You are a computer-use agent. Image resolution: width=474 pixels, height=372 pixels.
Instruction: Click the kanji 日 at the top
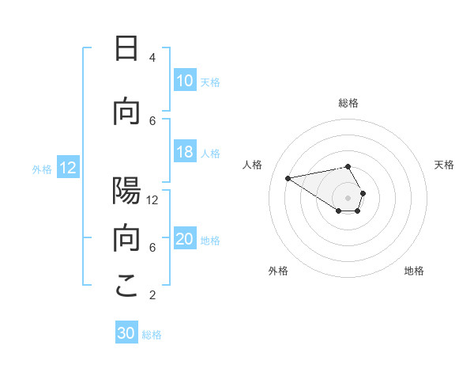pos(126,49)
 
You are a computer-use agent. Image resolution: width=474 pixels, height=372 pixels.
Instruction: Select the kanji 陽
pos(126,192)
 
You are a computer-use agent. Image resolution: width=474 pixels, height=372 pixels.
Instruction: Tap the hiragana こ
pos(126,287)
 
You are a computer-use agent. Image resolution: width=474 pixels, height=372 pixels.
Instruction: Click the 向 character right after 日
pos(126,112)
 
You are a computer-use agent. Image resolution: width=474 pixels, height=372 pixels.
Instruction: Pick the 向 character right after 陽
pos(126,239)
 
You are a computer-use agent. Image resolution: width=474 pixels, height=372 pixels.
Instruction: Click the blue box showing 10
pos(185,81)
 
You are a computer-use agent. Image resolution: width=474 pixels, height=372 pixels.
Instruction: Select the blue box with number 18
pos(185,153)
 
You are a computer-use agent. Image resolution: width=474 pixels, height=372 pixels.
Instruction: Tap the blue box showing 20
pos(185,240)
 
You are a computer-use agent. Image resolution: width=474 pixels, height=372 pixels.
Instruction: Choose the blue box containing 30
pos(126,333)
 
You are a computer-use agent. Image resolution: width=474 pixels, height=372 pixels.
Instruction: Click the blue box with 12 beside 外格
pos(68,168)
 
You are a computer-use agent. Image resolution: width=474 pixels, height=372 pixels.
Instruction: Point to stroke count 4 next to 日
pos(152,57)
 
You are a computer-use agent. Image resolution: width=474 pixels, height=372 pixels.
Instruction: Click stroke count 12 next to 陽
pos(152,199)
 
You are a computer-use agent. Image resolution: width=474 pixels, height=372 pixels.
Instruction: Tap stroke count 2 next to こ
pos(152,295)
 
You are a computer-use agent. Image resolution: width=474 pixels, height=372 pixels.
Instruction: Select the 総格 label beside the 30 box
pos(152,335)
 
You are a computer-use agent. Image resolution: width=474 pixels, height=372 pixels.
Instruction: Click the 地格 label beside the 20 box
pos(210,241)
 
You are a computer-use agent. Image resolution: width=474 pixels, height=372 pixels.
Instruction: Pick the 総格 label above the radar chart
pos(348,103)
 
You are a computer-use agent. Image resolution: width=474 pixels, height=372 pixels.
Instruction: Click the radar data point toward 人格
pos(288,178)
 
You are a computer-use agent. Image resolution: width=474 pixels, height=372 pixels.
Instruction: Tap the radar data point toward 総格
pos(348,167)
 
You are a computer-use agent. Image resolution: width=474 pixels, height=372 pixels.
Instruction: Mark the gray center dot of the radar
pos(348,197)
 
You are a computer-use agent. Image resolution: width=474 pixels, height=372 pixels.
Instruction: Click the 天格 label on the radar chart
pos(444,165)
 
